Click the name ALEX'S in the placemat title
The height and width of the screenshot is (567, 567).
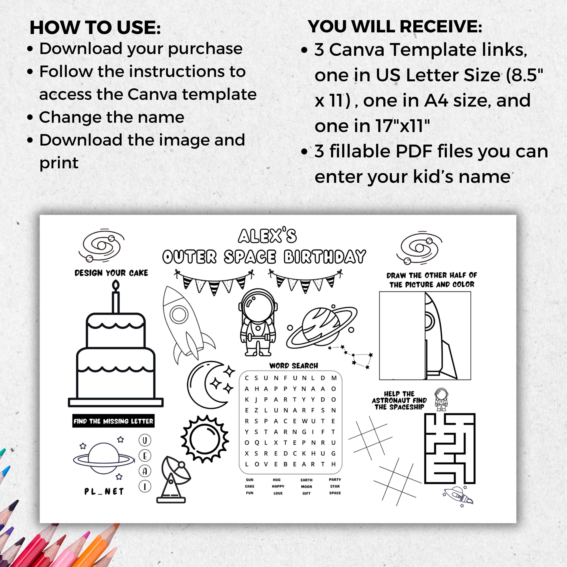pyautogui.click(x=267, y=236)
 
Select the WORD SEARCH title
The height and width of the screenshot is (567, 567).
pyautogui.click(x=294, y=366)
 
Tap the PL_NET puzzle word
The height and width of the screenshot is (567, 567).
pyautogui.click(x=104, y=492)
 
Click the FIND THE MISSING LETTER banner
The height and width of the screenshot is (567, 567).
pyautogui.click(x=113, y=421)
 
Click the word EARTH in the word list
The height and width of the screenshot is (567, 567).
pyautogui.click(x=306, y=480)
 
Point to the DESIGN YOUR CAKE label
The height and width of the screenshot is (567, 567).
pyautogui.click(x=111, y=273)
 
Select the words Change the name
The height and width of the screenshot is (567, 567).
pyautogui.click(x=112, y=117)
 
